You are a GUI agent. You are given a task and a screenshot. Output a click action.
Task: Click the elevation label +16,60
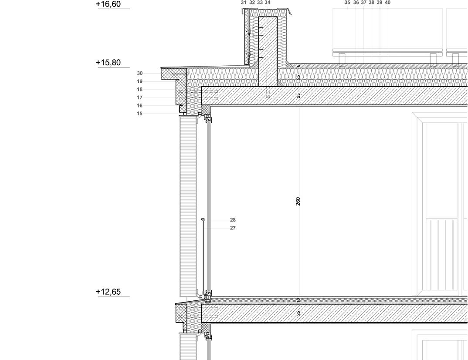[x=108, y=4]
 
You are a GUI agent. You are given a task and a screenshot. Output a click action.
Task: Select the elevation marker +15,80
[x=108, y=62]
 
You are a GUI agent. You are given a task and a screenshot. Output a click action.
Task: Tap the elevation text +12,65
[x=108, y=292]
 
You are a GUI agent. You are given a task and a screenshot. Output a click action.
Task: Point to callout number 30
[x=139, y=74]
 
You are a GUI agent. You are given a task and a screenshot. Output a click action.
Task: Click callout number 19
[x=139, y=81]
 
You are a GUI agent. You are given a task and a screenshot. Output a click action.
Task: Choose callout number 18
[x=139, y=90]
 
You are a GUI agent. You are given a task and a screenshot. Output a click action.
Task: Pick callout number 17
[x=139, y=98]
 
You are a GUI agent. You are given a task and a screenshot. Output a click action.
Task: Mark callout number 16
[x=139, y=106]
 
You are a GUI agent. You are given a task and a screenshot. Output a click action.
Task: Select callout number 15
[x=139, y=114]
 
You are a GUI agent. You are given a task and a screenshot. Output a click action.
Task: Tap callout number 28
[x=233, y=220]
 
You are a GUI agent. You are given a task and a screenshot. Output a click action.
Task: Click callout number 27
[x=233, y=228]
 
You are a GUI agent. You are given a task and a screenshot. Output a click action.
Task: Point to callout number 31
[x=244, y=3]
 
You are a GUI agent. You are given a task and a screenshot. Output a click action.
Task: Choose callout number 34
[x=268, y=3]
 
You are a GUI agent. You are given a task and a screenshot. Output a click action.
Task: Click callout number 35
[x=347, y=3]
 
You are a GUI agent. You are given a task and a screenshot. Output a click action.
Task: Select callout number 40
[x=388, y=3]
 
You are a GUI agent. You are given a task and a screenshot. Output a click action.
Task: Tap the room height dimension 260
[x=298, y=201]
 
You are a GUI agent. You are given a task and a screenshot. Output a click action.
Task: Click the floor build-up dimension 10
[x=298, y=300]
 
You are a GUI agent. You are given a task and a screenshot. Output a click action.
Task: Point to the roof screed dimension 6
[x=298, y=66]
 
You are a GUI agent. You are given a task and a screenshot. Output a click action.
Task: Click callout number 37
[x=364, y=3]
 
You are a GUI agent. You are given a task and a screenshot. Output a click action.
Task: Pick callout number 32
[x=252, y=3]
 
